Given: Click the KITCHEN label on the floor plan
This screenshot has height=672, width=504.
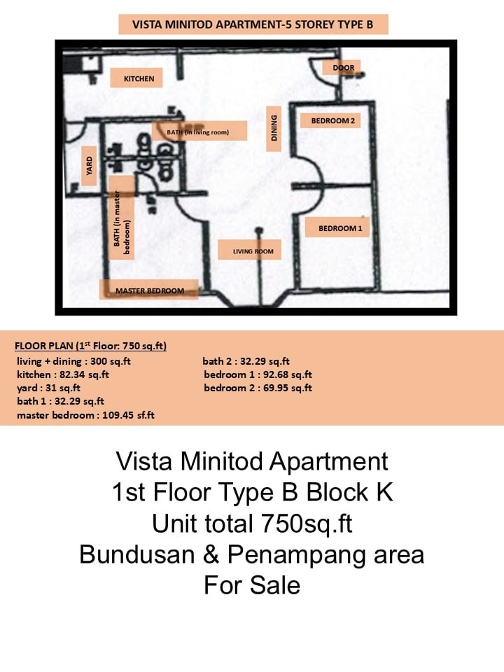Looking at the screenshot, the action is (139, 79).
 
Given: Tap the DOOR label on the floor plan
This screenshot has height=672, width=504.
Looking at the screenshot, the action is (344, 68).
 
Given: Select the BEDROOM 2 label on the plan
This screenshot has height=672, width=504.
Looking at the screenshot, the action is (333, 121).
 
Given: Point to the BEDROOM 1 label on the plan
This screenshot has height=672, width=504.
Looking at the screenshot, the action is (340, 228).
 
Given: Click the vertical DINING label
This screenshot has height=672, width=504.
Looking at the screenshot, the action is (274, 127).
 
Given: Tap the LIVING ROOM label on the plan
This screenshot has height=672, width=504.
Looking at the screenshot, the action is (253, 251).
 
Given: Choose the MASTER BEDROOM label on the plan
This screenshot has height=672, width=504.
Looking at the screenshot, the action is (150, 290).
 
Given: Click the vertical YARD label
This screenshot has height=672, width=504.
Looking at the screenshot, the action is (89, 166).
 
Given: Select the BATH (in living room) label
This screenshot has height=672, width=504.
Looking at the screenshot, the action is (198, 132).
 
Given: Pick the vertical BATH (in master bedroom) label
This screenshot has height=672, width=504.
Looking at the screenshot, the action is (122, 223).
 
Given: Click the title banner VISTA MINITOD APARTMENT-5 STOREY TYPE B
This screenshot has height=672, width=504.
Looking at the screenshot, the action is (253, 24).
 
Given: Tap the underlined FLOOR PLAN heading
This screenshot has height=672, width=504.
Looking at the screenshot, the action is (90, 346).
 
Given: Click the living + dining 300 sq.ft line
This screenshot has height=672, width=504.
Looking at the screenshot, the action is (73, 361).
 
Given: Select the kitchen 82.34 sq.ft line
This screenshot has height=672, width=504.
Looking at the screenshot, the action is (63, 374).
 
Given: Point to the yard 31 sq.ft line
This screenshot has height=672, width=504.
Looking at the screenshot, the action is (48, 388).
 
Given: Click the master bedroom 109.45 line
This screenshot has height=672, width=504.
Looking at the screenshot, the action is (85, 415).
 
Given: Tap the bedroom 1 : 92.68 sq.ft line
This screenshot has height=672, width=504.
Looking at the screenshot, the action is (258, 374).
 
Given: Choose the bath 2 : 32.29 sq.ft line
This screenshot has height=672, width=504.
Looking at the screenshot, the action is (246, 361).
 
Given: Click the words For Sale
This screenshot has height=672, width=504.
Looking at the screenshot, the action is (252, 585).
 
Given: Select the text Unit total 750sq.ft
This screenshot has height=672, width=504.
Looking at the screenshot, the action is (252, 524).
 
